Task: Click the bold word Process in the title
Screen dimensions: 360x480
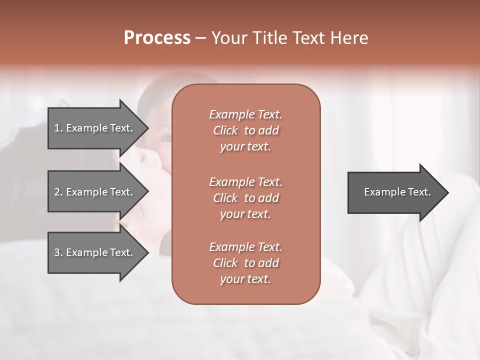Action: click(x=157, y=38)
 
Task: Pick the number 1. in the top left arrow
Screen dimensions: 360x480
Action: click(x=58, y=128)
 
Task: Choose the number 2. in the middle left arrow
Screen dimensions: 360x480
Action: click(x=58, y=192)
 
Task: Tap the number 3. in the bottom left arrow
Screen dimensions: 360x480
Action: click(x=58, y=252)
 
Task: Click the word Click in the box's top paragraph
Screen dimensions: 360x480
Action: click(x=225, y=130)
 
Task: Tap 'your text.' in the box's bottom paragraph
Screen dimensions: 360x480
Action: click(x=245, y=279)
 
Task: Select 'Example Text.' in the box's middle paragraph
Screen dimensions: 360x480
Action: click(x=245, y=181)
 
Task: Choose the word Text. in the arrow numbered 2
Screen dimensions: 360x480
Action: click(x=120, y=192)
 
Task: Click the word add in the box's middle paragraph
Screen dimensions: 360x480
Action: click(x=269, y=198)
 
